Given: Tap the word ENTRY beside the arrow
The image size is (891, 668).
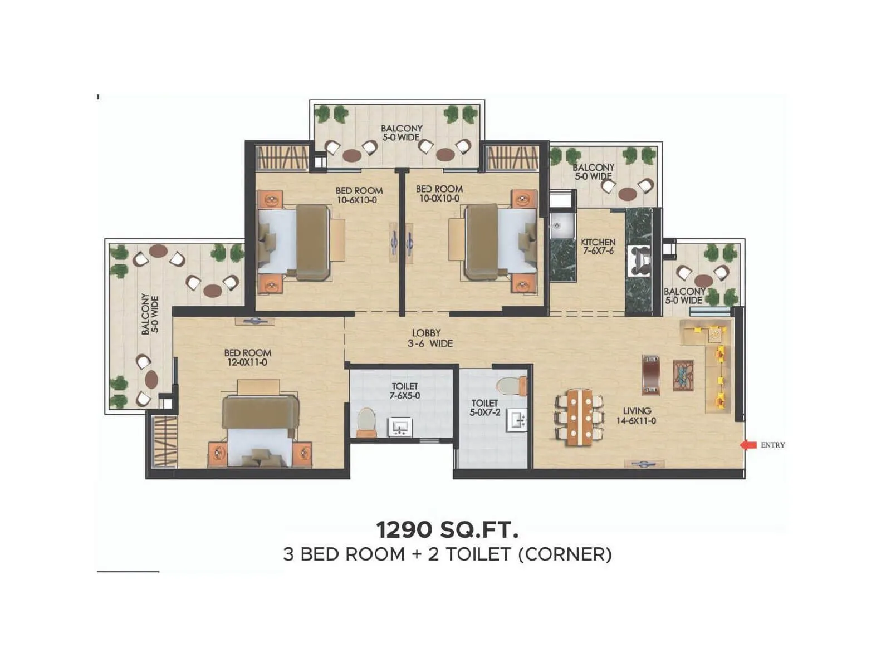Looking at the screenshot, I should click(772, 445).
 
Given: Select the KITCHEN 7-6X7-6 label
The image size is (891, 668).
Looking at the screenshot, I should click(598, 246).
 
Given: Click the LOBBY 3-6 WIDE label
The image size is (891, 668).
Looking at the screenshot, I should click(429, 338).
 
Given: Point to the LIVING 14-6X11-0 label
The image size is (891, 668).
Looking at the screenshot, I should click(636, 416).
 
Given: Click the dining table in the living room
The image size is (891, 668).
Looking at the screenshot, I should click(580, 417).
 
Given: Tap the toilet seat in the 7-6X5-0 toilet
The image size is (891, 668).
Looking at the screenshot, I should click(366, 421).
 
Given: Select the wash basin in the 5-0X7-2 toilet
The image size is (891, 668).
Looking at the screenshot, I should click(516, 420).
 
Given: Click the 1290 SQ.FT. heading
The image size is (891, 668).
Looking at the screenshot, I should click(447, 529).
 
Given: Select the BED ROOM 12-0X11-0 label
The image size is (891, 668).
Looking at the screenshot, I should click(248, 357).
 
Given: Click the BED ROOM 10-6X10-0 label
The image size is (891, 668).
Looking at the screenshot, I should click(359, 195).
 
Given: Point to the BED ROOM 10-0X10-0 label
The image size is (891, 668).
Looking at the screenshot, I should click(439, 194).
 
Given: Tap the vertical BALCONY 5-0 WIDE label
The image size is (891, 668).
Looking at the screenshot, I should click(150, 314).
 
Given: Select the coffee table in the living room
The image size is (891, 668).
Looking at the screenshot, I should click(683, 375).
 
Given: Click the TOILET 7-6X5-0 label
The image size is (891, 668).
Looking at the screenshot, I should click(405, 391).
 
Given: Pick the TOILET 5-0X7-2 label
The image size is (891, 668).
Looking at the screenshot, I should click(484, 407).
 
